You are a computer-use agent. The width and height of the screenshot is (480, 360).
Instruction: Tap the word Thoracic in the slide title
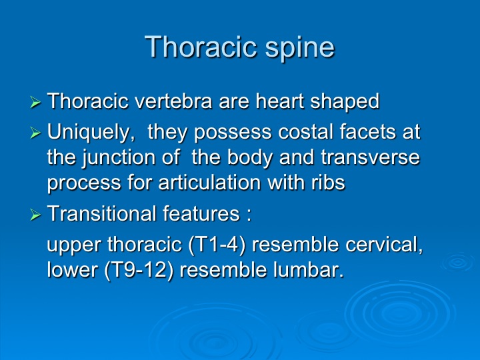201,46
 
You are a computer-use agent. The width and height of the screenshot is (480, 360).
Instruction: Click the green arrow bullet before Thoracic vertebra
35,102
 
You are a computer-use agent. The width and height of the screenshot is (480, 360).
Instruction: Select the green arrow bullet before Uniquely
35,133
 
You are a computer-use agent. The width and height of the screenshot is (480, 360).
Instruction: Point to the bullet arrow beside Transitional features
35,214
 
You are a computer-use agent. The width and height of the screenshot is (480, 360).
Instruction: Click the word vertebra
173,101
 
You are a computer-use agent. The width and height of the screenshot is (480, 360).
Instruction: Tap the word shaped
345,103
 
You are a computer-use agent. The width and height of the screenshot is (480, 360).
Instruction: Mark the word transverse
371,157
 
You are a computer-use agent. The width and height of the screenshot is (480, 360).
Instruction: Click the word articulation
210,183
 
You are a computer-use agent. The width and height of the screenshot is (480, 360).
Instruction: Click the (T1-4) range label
217,245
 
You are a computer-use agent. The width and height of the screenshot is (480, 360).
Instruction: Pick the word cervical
384,245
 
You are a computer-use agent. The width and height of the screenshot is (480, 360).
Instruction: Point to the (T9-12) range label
139,271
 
